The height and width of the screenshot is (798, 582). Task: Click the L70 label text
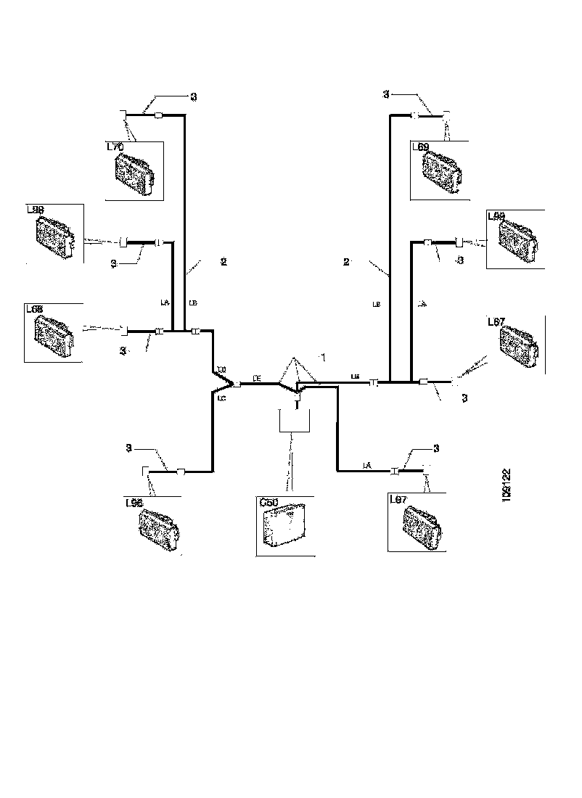(x=116, y=147)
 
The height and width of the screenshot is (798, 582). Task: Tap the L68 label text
(x=36, y=309)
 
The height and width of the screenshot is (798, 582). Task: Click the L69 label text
(x=421, y=147)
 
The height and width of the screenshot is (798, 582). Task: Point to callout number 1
(x=324, y=358)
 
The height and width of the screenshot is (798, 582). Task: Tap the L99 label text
(x=497, y=215)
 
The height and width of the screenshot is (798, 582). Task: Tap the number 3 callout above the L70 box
(x=193, y=96)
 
